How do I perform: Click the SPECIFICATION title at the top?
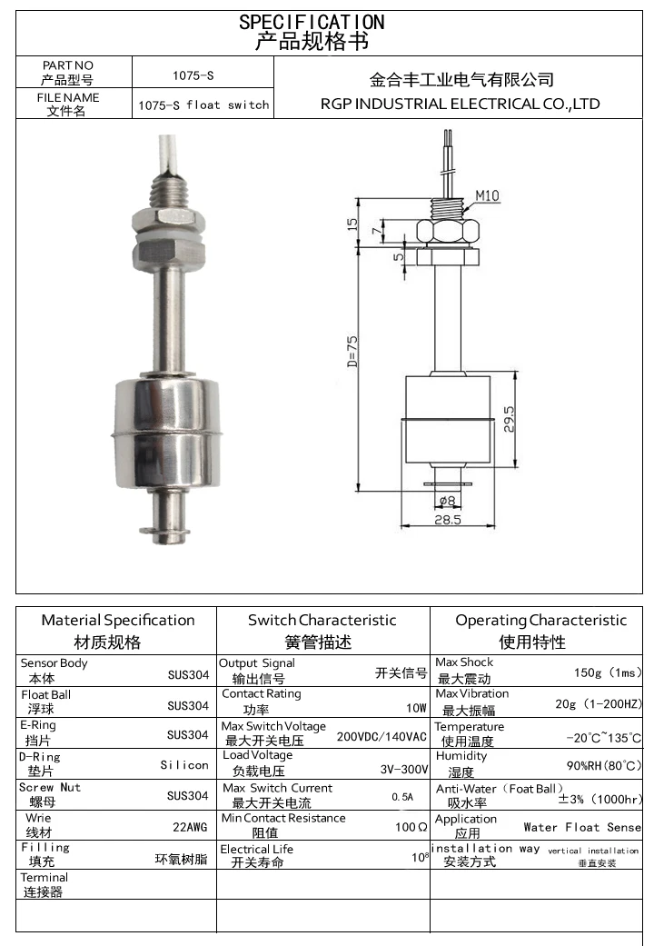pyautogui.click(x=312, y=22)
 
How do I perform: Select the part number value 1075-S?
pyautogui.click(x=193, y=75)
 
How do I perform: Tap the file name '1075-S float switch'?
pyautogui.click(x=203, y=105)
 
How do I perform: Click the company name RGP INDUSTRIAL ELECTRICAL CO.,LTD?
pyautogui.click(x=461, y=104)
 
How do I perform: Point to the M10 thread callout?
pyautogui.click(x=487, y=195)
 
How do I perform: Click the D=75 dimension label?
pyautogui.click(x=352, y=350)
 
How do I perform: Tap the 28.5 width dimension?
pyautogui.click(x=447, y=520)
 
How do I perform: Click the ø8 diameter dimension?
pyautogui.click(x=446, y=501)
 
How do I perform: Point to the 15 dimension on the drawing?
pyautogui.click(x=352, y=223)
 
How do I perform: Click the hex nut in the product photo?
pyautogui.click(x=165, y=222)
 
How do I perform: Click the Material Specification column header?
pyautogui.click(x=118, y=620)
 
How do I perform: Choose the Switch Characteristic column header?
pyautogui.click(x=322, y=620)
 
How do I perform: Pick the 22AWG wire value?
pyautogui.click(x=190, y=826)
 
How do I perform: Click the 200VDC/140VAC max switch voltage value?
pyautogui.click(x=381, y=736)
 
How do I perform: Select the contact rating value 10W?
pyautogui.click(x=416, y=707)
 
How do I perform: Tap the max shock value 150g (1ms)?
pyautogui.click(x=608, y=672)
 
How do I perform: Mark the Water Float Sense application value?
pyautogui.click(x=582, y=827)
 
